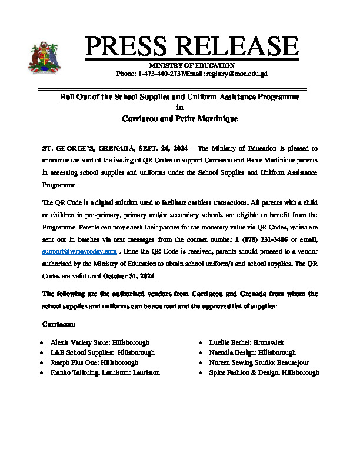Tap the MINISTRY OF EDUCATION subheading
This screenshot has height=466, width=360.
tap(192, 65)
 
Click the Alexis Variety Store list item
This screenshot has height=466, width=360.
tap(99, 342)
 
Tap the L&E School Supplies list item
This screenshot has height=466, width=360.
tap(102, 352)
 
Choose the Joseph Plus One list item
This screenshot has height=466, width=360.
tap(94, 362)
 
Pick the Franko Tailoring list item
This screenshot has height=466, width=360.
tap(105, 372)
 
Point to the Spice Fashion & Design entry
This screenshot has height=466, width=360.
tap(264, 372)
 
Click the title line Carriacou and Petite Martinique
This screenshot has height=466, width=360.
tap(179, 118)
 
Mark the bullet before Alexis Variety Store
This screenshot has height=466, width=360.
tap(41, 342)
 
